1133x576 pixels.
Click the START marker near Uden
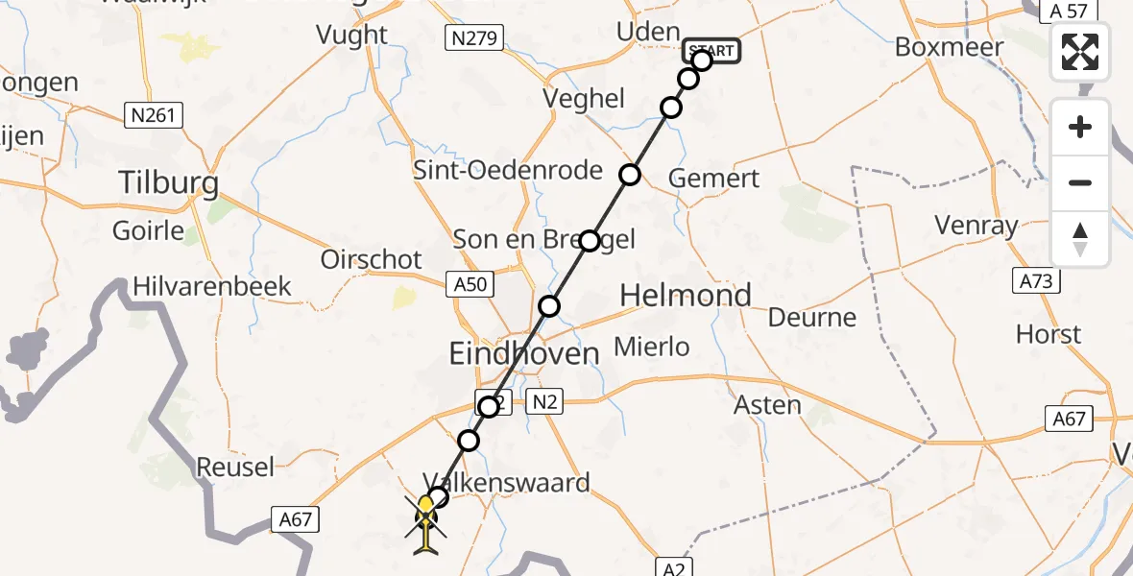[x=711, y=51]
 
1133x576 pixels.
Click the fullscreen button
[x=1080, y=52]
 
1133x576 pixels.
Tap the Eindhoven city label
[x=524, y=353]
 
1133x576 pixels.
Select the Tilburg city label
[x=168, y=182]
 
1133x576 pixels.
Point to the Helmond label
[x=686, y=296]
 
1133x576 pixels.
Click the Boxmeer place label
[x=949, y=47]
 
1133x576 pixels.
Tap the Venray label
[x=976, y=227]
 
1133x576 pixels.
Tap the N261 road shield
[x=154, y=116]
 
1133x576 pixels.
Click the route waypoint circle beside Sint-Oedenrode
[x=630, y=175]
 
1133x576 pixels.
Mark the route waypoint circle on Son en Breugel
[x=589, y=240]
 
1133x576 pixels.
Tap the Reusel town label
[x=235, y=468]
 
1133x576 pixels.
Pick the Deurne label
[x=812, y=317]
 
